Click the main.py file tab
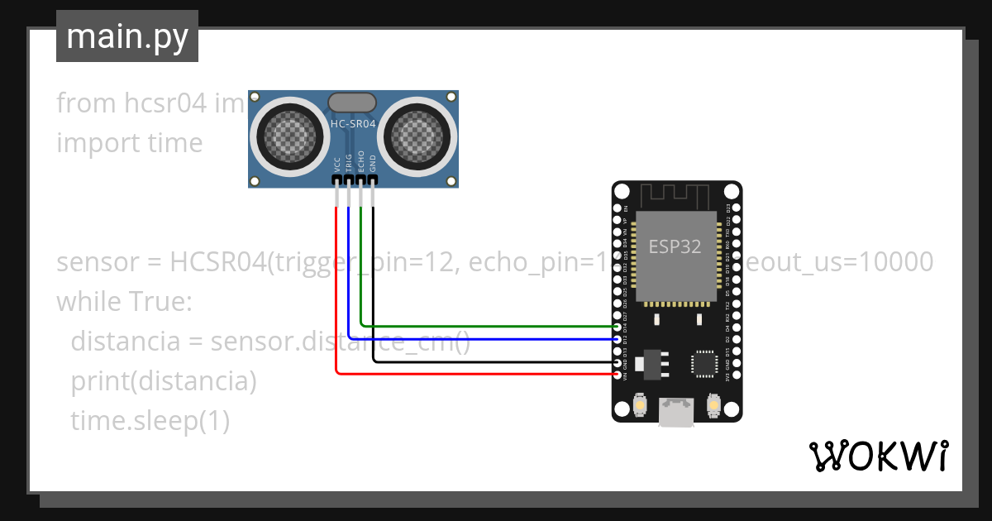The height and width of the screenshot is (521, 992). point(126,36)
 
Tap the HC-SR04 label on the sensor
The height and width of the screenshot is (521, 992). point(354,124)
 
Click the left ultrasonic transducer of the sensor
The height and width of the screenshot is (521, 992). point(287,133)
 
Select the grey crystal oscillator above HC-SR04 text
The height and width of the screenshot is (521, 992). point(354,103)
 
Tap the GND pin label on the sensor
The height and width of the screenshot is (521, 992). point(373,162)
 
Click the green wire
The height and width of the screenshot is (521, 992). point(479,326)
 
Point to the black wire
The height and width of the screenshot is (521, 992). point(479,362)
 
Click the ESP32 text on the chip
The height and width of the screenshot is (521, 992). point(675,246)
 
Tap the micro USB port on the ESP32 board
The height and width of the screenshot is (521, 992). point(676,413)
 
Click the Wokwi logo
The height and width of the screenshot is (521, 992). point(878,456)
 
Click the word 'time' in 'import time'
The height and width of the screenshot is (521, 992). point(175,143)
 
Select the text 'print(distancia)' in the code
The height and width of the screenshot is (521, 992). point(164,382)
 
